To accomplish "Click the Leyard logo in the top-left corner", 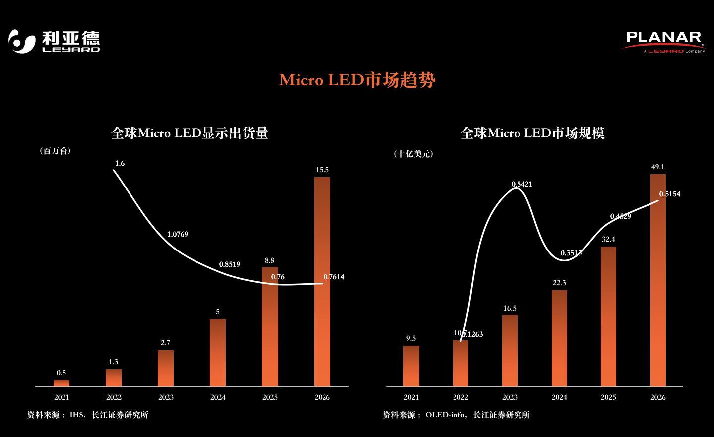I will [x=54, y=41].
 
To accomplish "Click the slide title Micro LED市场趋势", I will [x=357, y=80].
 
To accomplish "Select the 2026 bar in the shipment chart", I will [x=322, y=281].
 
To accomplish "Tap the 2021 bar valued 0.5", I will [x=62, y=383].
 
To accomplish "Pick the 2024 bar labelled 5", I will [x=218, y=352].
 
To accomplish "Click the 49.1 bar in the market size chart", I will [x=658, y=280].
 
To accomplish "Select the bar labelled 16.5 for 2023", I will [x=510, y=350].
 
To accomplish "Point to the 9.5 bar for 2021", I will [x=411, y=366].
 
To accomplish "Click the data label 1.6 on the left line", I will [x=120, y=163].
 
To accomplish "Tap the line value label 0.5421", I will [x=521, y=184].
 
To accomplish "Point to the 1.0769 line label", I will [x=177, y=234].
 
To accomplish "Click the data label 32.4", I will [x=608, y=239].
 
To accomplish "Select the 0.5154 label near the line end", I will [x=669, y=194].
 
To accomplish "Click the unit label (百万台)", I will [x=55, y=151].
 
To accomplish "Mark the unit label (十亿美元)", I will [x=413, y=154].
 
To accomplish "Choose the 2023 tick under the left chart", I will [x=166, y=397].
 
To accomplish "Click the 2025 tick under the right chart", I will [x=608, y=397].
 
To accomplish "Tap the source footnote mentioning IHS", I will [x=88, y=415].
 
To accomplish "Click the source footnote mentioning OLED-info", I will [x=456, y=415].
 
